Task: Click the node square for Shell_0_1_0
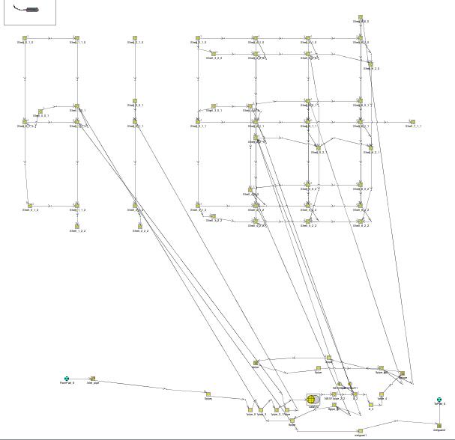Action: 25,37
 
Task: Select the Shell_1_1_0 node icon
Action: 76,37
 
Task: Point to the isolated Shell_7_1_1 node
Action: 412,121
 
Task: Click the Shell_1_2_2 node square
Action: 76,226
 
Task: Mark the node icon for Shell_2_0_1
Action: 135,100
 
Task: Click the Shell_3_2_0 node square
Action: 213,52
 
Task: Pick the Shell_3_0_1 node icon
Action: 214,106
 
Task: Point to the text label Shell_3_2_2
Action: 214,221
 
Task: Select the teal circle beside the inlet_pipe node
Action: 67,379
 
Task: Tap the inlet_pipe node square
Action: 93,379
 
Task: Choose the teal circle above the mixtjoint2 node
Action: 439,400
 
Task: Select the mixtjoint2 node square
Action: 439,425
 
